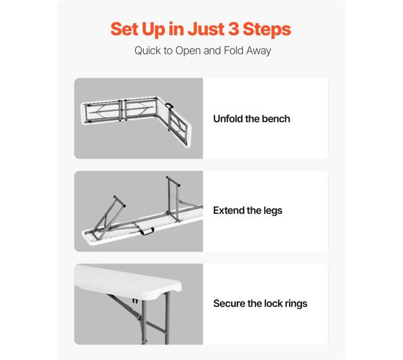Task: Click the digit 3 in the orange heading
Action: coord(233,29)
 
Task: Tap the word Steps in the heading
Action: coord(267,30)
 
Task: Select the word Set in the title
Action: coord(124,29)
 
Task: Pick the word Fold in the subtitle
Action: coord(234,50)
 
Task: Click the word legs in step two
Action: coord(273,211)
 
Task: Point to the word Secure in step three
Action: coord(229,303)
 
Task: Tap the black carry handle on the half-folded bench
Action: coord(169,105)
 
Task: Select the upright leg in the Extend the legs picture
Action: coord(172,198)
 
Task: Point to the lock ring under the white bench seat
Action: coord(135,301)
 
